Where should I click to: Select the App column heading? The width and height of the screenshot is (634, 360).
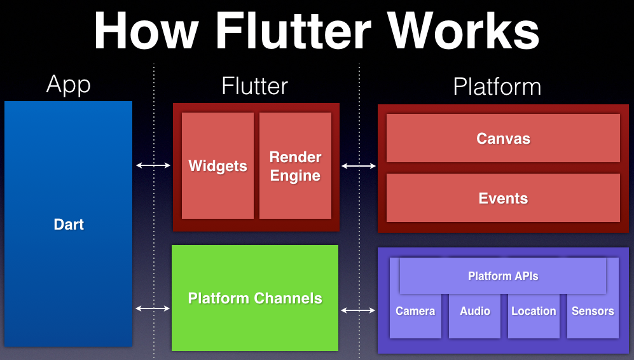[69, 85]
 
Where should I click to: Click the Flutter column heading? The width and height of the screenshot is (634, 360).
[254, 86]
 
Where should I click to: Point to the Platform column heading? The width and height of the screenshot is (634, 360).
[497, 87]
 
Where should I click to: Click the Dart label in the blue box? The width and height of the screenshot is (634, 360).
[69, 225]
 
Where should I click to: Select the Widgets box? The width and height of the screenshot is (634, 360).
[217, 166]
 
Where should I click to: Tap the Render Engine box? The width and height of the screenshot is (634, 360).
[295, 166]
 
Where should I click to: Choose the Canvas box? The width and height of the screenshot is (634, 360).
[503, 139]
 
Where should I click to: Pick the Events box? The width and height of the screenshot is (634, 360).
[503, 198]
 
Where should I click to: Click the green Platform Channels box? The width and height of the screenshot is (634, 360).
[255, 298]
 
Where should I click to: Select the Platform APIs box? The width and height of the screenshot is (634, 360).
[503, 276]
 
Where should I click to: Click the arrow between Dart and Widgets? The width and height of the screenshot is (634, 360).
[153, 166]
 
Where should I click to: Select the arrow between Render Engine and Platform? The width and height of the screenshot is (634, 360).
[359, 166]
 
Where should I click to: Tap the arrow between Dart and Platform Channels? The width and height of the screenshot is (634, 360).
[153, 308]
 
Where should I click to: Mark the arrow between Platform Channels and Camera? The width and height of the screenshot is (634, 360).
[359, 310]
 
